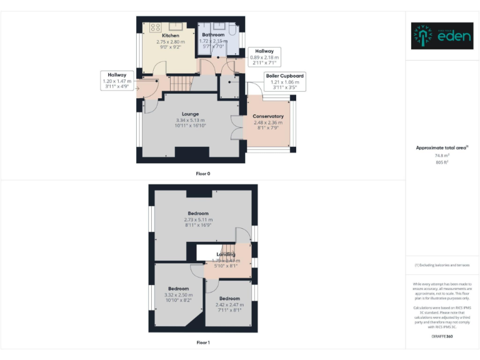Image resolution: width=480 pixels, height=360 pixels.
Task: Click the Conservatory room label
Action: (268, 116)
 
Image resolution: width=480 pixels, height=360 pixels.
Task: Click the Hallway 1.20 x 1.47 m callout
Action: (117, 81)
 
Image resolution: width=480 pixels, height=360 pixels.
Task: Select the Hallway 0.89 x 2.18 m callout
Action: (264, 57)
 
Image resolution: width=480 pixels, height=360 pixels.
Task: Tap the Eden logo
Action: (436, 36)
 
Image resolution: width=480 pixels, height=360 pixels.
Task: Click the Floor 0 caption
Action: (203, 173)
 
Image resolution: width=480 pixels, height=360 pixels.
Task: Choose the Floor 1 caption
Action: (203, 342)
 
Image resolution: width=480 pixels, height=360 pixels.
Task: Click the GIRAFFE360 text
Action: (442, 337)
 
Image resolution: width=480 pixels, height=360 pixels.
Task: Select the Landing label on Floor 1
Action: (226, 254)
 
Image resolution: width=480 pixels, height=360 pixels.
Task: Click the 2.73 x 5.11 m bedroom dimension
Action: (198, 219)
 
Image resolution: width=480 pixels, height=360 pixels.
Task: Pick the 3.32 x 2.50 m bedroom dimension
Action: (178, 294)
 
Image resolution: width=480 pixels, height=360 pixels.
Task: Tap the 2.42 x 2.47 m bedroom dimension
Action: (229, 304)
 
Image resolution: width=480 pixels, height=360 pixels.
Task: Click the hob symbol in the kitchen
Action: (155, 27)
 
